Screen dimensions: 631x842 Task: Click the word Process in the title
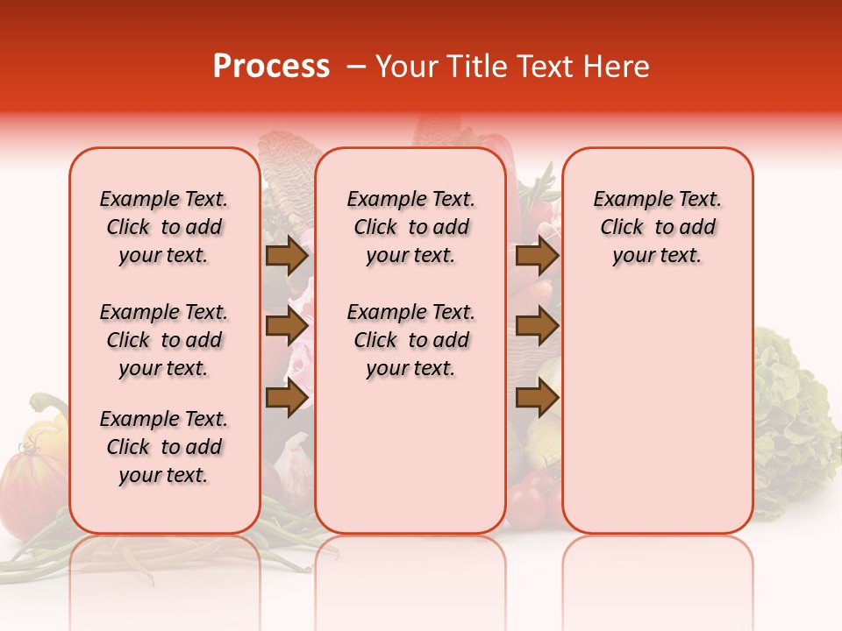pyautogui.click(x=271, y=67)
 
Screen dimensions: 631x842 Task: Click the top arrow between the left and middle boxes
pyautogui.click(x=287, y=256)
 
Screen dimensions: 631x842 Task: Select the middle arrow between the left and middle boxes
pyautogui.click(x=287, y=327)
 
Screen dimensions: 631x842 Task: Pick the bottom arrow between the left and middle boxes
pyautogui.click(x=287, y=398)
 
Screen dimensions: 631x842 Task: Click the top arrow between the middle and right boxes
pyautogui.click(x=537, y=256)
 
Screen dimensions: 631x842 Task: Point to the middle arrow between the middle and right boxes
pyautogui.click(x=537, y=327)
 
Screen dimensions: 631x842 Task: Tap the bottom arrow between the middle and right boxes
pyautogui.click(x=537, y=398)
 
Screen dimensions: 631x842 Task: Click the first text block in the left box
pyautogui.click(x=164, y=227)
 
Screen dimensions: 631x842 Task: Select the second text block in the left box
pyautogui.click(x=164, y=340)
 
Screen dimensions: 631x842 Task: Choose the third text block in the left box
pyautogui.click(x=164, y=447)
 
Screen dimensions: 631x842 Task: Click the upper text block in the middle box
pyautogui.click(x=410, y=227)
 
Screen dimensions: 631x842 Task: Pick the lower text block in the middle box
pyautogui.click(x=410, y=340)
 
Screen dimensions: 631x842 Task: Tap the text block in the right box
pyautogui.click(x=658, y=227)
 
